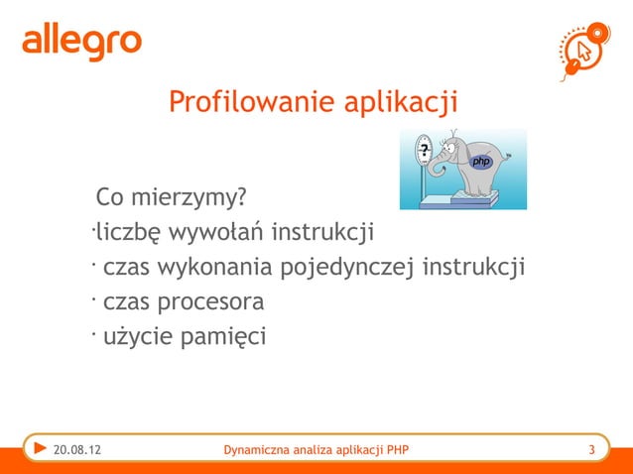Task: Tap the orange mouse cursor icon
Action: (583, 49)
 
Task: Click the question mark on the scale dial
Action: (424, 152)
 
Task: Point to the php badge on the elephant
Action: (481, 161)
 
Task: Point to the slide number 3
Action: (591, 453)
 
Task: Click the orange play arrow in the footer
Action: (40, 451)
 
